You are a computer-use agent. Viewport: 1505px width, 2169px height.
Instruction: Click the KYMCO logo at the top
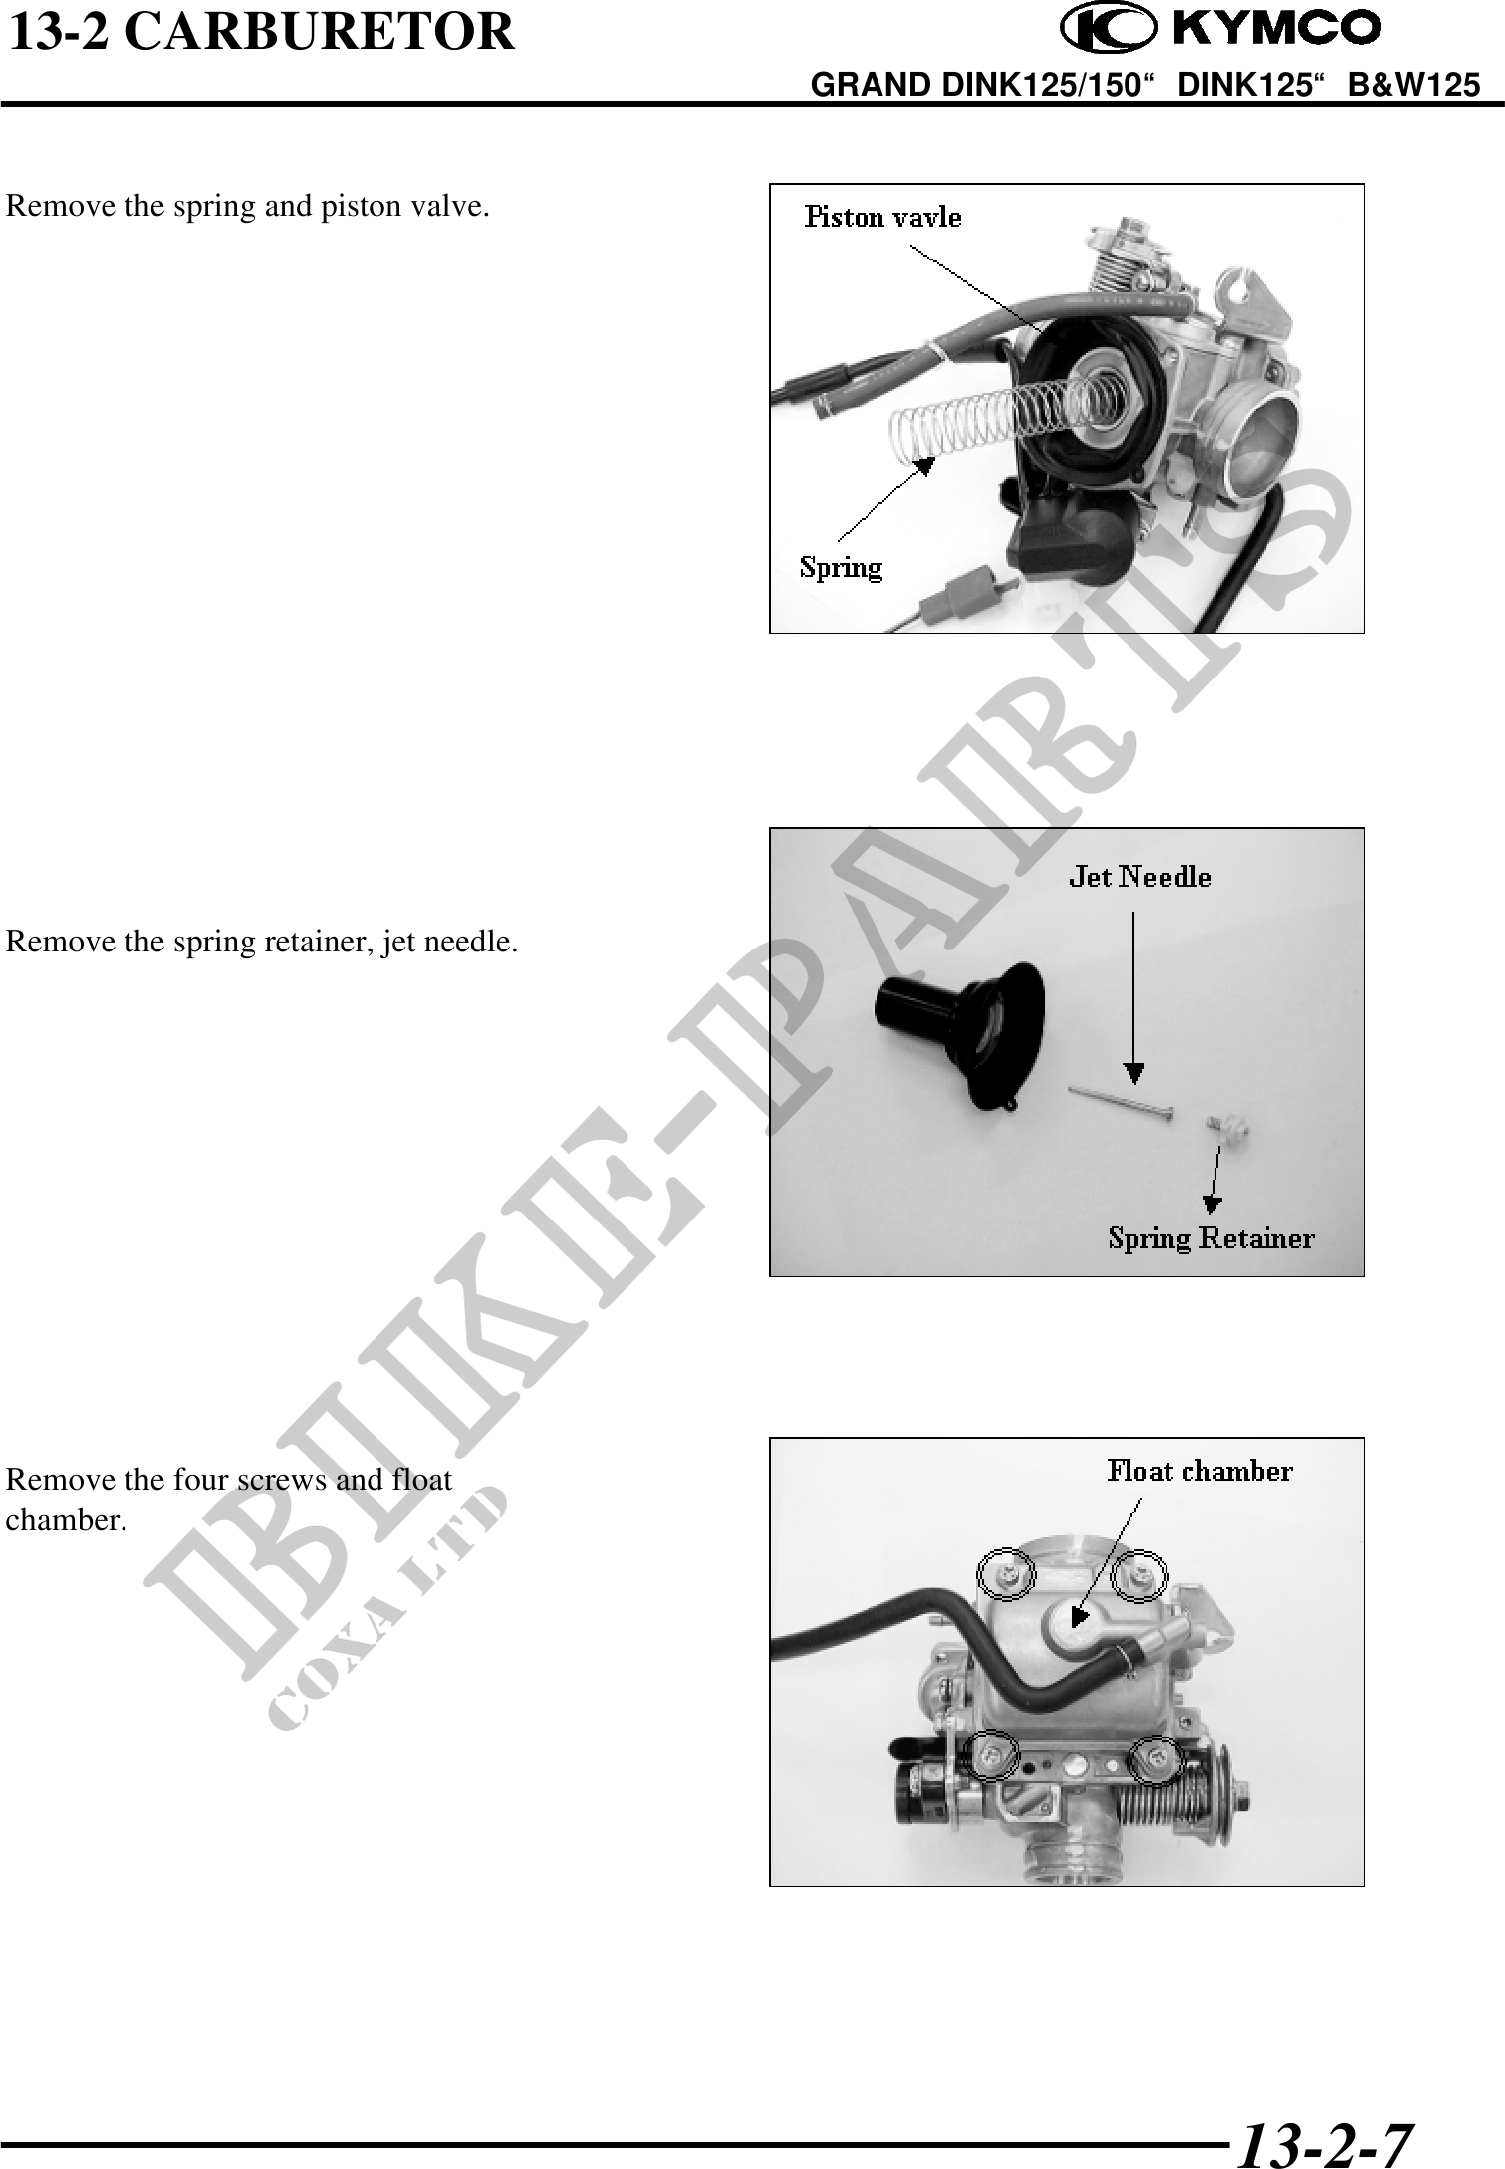coord(1220,29)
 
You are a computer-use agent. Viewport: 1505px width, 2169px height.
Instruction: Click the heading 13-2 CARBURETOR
coord(262,31)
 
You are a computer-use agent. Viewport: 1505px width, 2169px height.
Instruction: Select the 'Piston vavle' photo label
coord(883,217)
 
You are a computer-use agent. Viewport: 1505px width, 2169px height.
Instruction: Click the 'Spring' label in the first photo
coord(842,568)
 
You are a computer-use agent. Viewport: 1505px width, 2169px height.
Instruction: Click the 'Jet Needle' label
coord(1140,877)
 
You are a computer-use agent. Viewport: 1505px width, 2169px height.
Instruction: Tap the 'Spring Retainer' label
coord(1211,1238)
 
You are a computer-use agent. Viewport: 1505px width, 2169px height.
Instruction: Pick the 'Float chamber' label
coord(1200,1471)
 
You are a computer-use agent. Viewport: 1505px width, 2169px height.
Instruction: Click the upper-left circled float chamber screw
coord(1006,1574)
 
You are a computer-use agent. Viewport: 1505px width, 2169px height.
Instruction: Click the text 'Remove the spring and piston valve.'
coord(248,206)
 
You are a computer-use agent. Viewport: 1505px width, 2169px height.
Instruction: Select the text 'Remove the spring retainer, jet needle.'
coord(262,941)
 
